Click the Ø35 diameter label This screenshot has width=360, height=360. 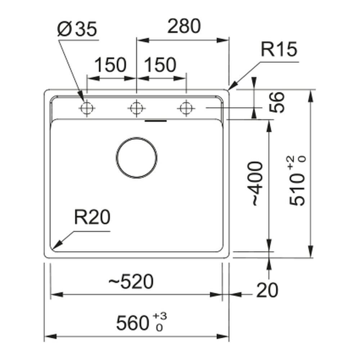click(77, 30)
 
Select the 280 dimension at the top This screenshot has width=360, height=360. click(184, 26)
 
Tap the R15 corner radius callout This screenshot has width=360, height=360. click(279, 49)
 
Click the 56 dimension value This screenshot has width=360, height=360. click(276, 102)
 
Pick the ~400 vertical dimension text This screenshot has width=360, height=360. click(257, 183)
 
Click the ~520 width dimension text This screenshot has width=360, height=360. click(131, 281)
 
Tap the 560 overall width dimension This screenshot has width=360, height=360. click(132, 323)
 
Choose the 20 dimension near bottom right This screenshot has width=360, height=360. click(267, 290)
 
